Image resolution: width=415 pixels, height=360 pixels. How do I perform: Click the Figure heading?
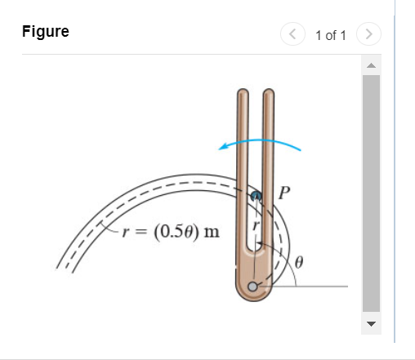46,33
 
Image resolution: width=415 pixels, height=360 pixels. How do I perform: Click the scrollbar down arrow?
371,323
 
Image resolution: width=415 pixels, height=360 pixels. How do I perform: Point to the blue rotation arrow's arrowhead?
222,146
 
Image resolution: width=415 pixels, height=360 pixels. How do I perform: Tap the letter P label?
284,193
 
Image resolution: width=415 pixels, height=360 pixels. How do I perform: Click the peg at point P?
255,196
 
